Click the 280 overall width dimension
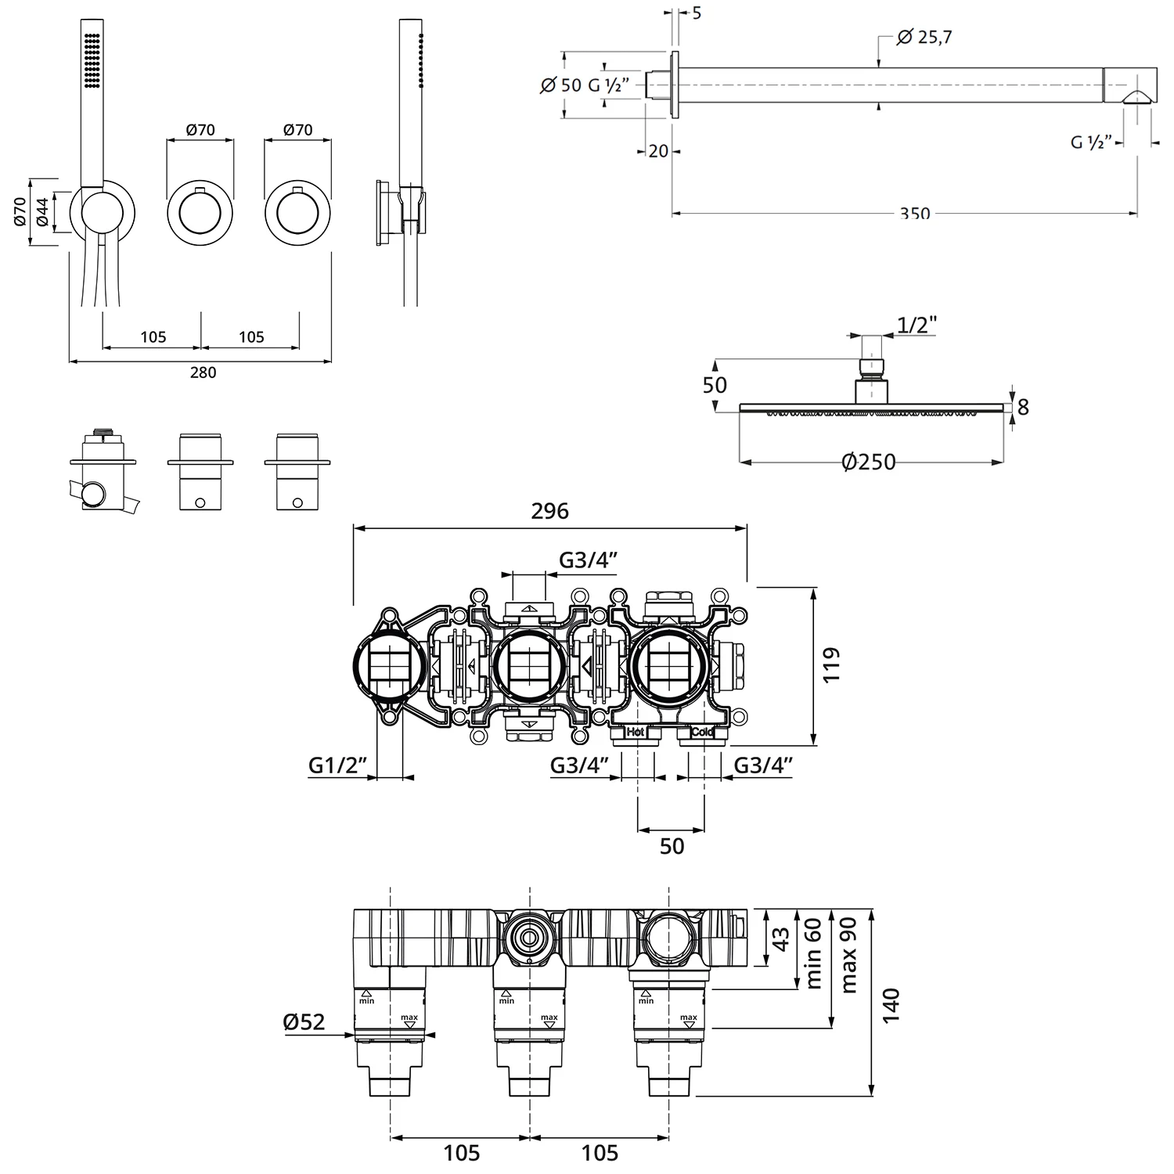203,373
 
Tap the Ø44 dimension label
43,212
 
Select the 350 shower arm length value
915,214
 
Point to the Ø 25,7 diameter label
924,37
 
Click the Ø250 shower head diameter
868,463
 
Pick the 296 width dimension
549,511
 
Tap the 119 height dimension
831,664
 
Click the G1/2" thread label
337,765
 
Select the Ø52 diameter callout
304,1021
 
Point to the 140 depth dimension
891,1004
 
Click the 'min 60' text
814,953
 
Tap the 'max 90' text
848,954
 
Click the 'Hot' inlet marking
635,733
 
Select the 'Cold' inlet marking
701,733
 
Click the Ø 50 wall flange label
561,85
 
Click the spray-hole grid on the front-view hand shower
92,59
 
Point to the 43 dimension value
781,939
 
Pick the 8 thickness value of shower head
1022,407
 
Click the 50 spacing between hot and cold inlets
672,846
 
